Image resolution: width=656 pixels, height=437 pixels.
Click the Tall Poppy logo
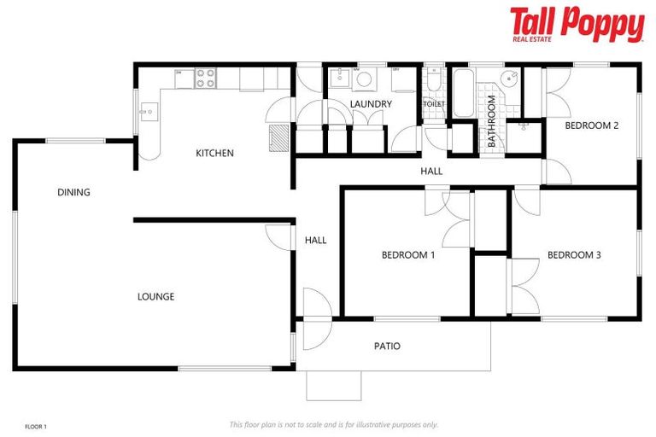click(x=577, y=24)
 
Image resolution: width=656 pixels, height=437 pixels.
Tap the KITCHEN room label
click(x=214, y=154)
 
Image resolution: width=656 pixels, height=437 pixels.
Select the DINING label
click(x=73, y=192)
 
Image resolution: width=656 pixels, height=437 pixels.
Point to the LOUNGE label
click(x=155, y=297)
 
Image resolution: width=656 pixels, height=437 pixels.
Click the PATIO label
click(x=387, y=347)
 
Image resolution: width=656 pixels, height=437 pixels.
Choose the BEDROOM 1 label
click(x=408, y=254)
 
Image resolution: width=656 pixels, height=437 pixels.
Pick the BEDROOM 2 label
click(x=592, y=125)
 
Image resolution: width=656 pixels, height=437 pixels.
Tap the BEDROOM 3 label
click(x=574, y=254)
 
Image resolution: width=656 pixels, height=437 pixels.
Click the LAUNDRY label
click(x=371, y=104)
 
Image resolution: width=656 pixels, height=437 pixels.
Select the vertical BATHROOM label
click(x=492, y=121)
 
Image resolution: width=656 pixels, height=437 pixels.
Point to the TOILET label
click(x=434, y=104)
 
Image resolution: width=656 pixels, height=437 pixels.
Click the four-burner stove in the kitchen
click(x=206, y=79)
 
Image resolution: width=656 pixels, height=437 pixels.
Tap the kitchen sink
click(x=148, y=111)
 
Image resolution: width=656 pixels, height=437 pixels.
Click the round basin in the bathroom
click(x=510, y=81)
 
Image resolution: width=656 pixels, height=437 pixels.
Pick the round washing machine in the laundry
click(x=364, y=79)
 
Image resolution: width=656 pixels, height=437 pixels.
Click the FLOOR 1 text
click(x=36, y=426)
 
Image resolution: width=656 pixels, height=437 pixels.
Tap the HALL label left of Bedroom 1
click(x=315, y=241)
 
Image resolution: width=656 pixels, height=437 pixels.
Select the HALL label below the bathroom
click(x=431, y=172)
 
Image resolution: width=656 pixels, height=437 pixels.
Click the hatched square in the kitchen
click(x=278, y=138)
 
